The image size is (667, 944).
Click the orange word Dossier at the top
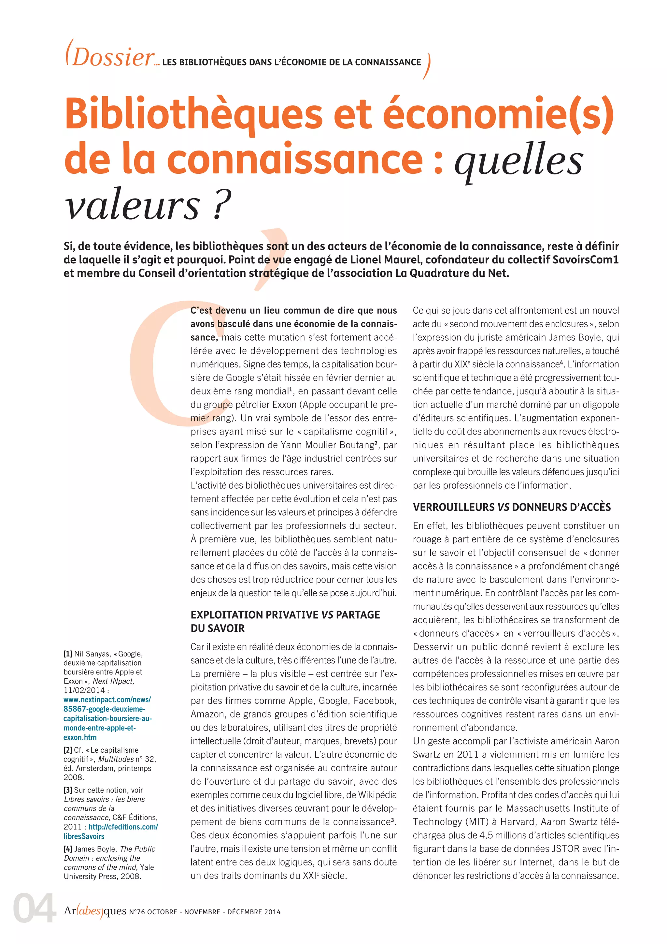[113, 58]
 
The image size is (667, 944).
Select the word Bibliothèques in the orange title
[193, 114]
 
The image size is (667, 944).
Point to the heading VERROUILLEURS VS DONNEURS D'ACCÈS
[512, 507]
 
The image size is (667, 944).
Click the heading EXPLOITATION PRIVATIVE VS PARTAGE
[285, 615]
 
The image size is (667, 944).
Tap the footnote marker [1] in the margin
[68, 654]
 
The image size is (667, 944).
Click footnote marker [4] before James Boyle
[68, 849]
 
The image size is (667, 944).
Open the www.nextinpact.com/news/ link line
[107, 700]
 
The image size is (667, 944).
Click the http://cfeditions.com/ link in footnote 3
[123, 826]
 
